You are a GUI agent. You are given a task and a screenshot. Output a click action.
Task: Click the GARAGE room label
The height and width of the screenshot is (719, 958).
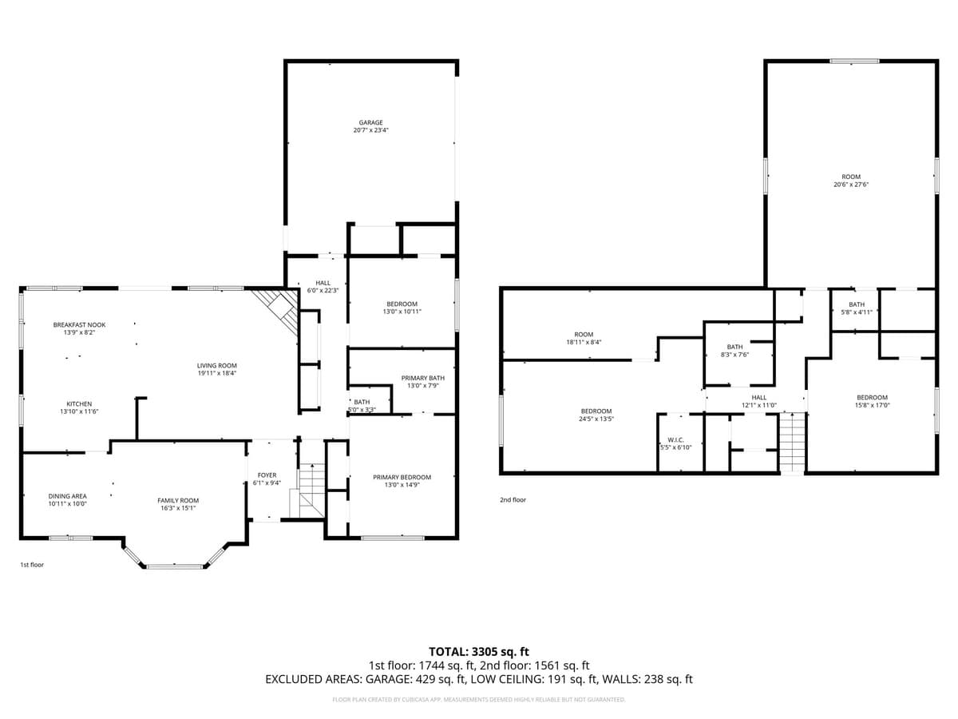370,123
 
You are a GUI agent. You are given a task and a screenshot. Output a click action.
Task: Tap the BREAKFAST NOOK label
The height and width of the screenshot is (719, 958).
79,325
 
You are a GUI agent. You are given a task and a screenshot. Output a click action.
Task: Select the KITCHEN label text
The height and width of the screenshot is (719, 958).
78,404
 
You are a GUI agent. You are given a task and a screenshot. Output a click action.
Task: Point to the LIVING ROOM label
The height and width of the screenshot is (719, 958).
217,366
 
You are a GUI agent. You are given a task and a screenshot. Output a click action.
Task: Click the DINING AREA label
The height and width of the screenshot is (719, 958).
67,496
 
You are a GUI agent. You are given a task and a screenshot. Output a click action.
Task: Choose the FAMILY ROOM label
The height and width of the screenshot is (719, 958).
177,501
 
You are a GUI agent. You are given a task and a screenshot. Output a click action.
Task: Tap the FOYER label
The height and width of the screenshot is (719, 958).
267,475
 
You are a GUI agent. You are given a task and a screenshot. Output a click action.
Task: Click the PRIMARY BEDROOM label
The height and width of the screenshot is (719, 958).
402,478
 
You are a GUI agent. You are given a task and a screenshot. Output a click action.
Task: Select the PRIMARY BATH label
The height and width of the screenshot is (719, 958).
422,379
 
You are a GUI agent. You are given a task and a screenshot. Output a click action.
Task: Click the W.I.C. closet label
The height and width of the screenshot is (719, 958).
675,440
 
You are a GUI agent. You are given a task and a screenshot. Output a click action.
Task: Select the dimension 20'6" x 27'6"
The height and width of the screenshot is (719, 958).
851,185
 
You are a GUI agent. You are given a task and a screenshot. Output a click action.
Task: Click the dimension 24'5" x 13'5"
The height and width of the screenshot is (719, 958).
596,419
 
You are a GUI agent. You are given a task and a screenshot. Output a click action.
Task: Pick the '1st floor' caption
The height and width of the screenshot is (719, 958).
32,565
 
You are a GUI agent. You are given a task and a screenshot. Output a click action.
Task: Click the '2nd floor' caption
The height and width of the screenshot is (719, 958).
513,500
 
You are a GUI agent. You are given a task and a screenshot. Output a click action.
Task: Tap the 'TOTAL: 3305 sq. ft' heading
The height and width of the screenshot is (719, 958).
479,652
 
